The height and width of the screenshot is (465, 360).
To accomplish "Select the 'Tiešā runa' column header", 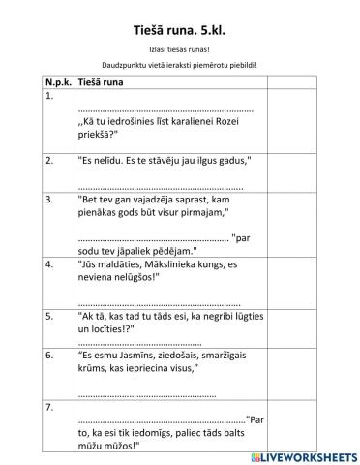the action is pyautogui.click(x=101, y=84).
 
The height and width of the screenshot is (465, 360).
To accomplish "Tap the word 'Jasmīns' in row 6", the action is pyautogui.click(x=136, y=356).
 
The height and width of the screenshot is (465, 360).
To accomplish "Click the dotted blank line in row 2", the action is pyautogui.click(x=160, y=185).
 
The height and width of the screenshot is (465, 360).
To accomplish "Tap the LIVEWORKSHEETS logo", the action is pyautogui.click(x=301, y=454).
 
